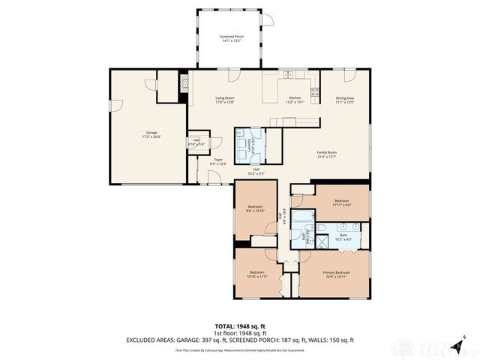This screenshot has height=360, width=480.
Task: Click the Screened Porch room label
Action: click(x=231, y=38)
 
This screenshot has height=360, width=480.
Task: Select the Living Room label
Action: click(x=225, y=100)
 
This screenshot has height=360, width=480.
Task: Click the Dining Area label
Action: click(x=345, y=100)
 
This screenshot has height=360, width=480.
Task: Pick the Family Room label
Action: click(x=326, y=154)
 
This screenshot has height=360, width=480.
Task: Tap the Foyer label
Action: click(x=218, y=162)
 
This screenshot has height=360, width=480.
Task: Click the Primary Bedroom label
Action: click(x=336, y=274)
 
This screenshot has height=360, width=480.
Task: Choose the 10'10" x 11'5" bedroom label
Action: click(x=257, y=274)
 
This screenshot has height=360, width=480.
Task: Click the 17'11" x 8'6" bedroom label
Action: click(x=342, y=203)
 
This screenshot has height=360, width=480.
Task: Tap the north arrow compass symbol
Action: click(x=463, y=337)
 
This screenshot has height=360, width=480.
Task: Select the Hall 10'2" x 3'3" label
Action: click(x=256, y=172)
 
